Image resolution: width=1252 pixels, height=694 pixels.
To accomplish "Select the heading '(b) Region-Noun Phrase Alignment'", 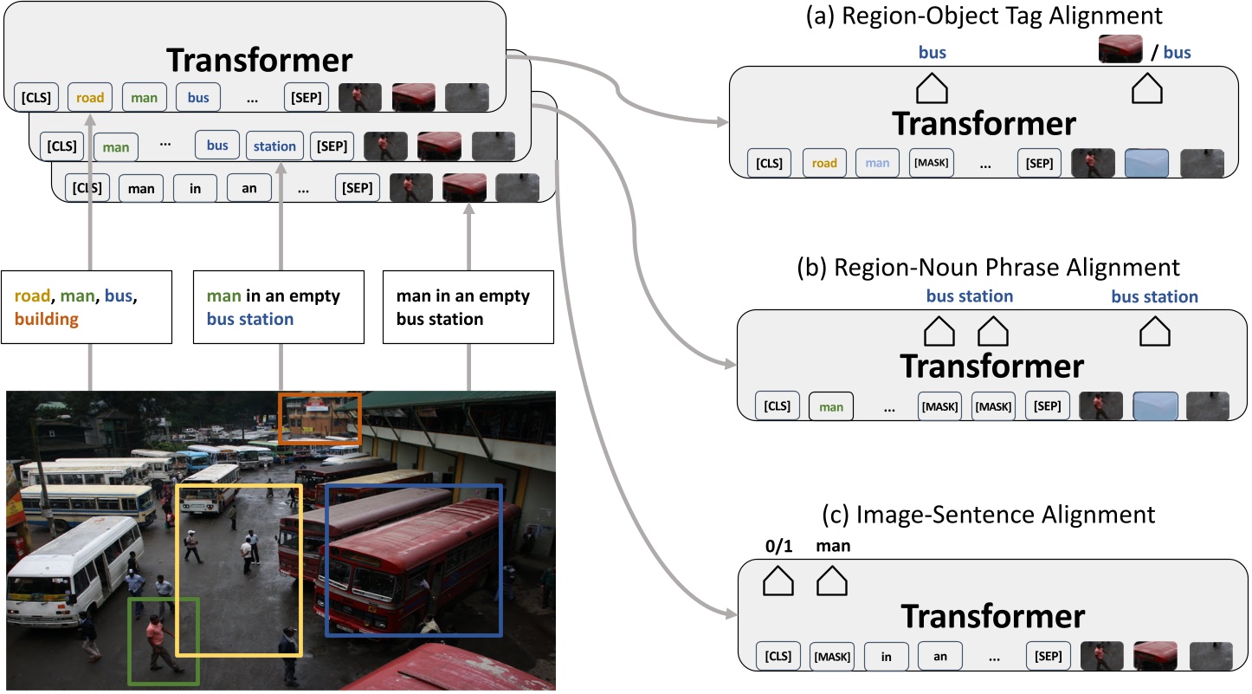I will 988,266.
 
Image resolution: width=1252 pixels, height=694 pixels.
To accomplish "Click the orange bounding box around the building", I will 319,395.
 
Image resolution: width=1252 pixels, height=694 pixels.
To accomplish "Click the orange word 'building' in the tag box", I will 46,320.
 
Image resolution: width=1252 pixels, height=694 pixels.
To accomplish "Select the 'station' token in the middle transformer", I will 274,146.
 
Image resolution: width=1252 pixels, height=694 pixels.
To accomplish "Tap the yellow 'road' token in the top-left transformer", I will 90,98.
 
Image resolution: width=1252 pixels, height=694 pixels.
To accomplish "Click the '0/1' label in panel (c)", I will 777,546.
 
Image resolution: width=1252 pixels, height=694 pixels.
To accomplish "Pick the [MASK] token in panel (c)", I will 831,657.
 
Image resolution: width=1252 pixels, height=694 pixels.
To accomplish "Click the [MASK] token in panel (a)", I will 932,162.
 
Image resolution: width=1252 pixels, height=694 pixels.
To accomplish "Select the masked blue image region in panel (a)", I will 1146,162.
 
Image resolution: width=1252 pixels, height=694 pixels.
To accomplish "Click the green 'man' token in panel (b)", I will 831,406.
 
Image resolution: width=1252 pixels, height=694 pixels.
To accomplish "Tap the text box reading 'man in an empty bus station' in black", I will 468,308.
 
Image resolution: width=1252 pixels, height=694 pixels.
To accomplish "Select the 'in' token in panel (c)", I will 886,657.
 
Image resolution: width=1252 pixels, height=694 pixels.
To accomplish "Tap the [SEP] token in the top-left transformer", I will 307,98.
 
